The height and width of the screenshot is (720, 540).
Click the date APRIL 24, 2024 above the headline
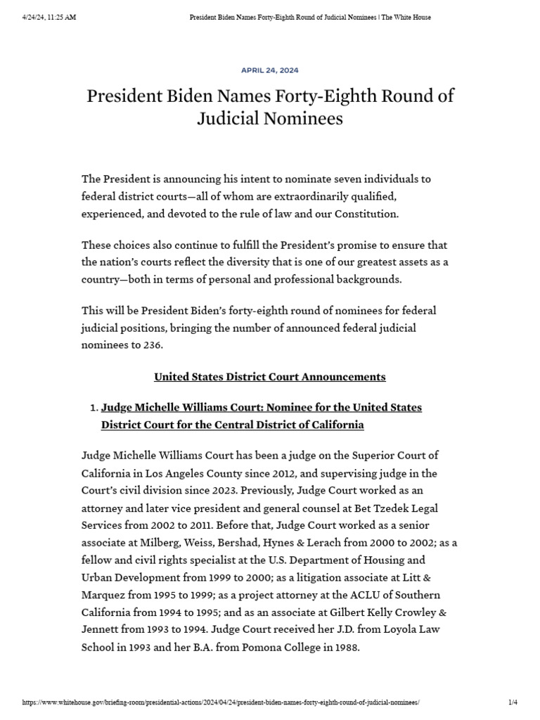pyautogui.click(x=269, y=70)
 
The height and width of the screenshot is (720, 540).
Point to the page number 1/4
pyautogui.click(x=512, y=702)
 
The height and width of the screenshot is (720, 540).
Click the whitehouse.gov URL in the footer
pyautogui.click(x=221, y=702)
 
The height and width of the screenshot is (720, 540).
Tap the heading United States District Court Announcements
pyautogui.click(x=269, y=377)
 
